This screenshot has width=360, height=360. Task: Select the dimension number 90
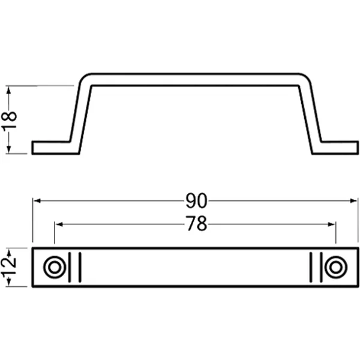(196, 200)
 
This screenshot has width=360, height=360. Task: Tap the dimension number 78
(196, 224)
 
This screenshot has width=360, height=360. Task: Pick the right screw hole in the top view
(336, 268)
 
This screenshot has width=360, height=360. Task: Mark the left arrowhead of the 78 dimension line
(59, 224)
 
